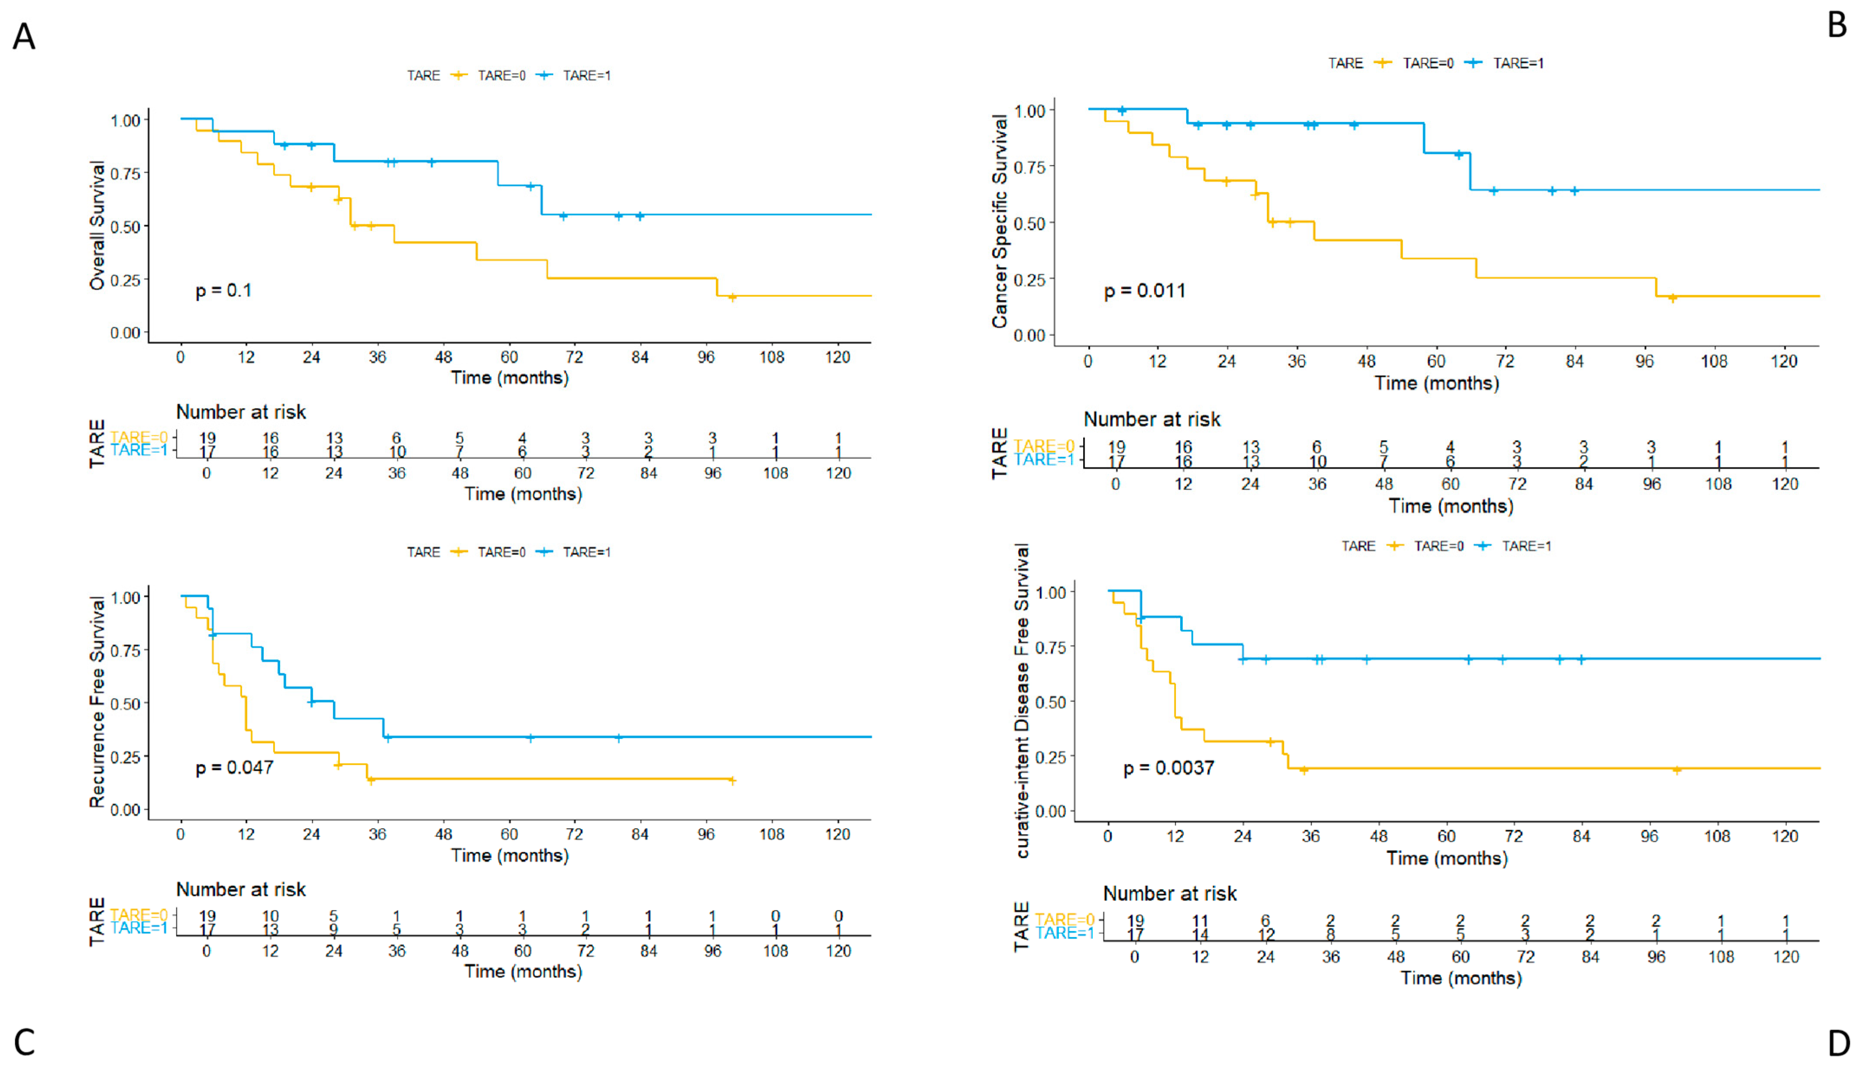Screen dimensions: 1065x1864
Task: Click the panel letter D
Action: click(x=1838, y=1042)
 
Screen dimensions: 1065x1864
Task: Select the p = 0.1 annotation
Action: click(x=223, y=291)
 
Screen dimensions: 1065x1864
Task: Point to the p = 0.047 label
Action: click(x=234, y=768)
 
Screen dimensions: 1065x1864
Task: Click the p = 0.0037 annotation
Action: click(x=1169, y=769)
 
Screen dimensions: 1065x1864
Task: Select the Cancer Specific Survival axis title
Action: click(x=1000, y=221)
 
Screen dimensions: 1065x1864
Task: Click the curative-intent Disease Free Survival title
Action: click(x=1023, y=700)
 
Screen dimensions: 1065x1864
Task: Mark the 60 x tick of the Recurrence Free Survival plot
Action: click(x=509, y=835)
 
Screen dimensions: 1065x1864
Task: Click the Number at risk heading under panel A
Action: click(x=241, y=412)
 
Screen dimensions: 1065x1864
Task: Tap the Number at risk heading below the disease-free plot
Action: click(x=1169, y=894)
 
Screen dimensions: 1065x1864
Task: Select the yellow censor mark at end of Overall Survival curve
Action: click(x=732, y=297)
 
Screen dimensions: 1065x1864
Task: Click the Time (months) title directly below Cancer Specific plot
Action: click(x=1437, y=383)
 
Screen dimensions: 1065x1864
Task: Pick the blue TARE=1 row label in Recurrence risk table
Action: click(x=139, y=928)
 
